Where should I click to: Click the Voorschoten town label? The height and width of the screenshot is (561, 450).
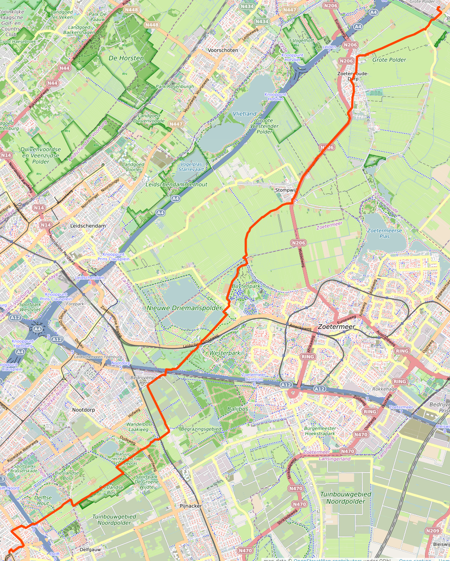click(x=223, y=50)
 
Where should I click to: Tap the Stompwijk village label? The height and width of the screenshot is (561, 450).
click(x=286, y=190)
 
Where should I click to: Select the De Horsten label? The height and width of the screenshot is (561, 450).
click(x=126, y=58)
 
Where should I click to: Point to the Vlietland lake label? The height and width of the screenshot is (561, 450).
click(x=244, y=114)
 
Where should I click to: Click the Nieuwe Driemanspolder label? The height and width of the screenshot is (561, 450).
click(x=184, y=308)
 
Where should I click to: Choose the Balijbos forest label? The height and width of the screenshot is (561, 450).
click(x=237, y=409)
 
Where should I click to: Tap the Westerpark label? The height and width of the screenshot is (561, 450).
click(x=225, y=353)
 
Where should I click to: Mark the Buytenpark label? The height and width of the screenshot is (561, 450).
click(x=246, y=286)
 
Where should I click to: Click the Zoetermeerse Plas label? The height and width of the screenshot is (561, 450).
click(x=384, y=233)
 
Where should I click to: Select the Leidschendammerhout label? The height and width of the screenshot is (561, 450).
click(x=176, y=184)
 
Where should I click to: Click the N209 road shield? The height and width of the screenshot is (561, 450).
click(x=433, y=531)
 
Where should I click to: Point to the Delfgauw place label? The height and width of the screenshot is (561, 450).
click(x=91, y=549)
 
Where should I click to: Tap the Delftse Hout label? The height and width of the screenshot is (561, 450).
click(x=43, y=500)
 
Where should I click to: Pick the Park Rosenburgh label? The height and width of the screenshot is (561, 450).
click(x=175, y=86)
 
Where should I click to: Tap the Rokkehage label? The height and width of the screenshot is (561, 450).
click(x=384, y=389)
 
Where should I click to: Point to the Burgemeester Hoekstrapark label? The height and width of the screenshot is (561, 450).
click(x=320, y=431)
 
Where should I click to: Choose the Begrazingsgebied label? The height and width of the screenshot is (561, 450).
click(x=201, y=429)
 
